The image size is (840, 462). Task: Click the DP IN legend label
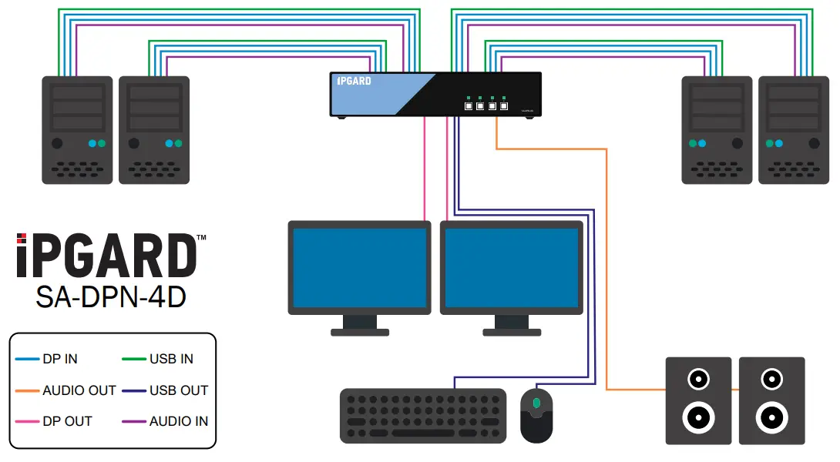pyautogui.click(x=60, y=359)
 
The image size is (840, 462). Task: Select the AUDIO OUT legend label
pyautogui.click(x=79, y=390)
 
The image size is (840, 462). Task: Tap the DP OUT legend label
pyautogui.click(x=67, y=421)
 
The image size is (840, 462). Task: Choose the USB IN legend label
pyautogui.click(x=171, y=359)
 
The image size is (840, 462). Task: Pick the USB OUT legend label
pyautogui.click(x=179, y=390)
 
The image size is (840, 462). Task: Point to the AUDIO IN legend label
pyautogui.click(x=179, y=421)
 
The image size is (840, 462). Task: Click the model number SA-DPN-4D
pyautogui.click(x=111, y=297)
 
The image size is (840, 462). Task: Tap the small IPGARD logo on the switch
pyautogui.click(x=354, y=81)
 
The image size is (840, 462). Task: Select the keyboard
pyautogui.click(x=423, y=416)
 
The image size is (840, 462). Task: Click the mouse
pyautogui.click(x=536, y=415)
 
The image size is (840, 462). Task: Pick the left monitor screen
pyautogui.click(x=359, y=267)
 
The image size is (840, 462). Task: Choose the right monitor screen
pyautogui.click(x=511, y=267)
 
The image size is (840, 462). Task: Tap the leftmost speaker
pyautogui.click(x=698, y=400)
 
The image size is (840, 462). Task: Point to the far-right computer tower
pyautogui.click(x=794, y=129)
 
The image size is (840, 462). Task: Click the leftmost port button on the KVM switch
pyautogui.click(x=468, y=106)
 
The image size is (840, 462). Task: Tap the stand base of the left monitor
pyautogui.click(x=359, y=333)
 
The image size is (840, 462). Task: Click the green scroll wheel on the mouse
pyautogui.click(x=536, y=403)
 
